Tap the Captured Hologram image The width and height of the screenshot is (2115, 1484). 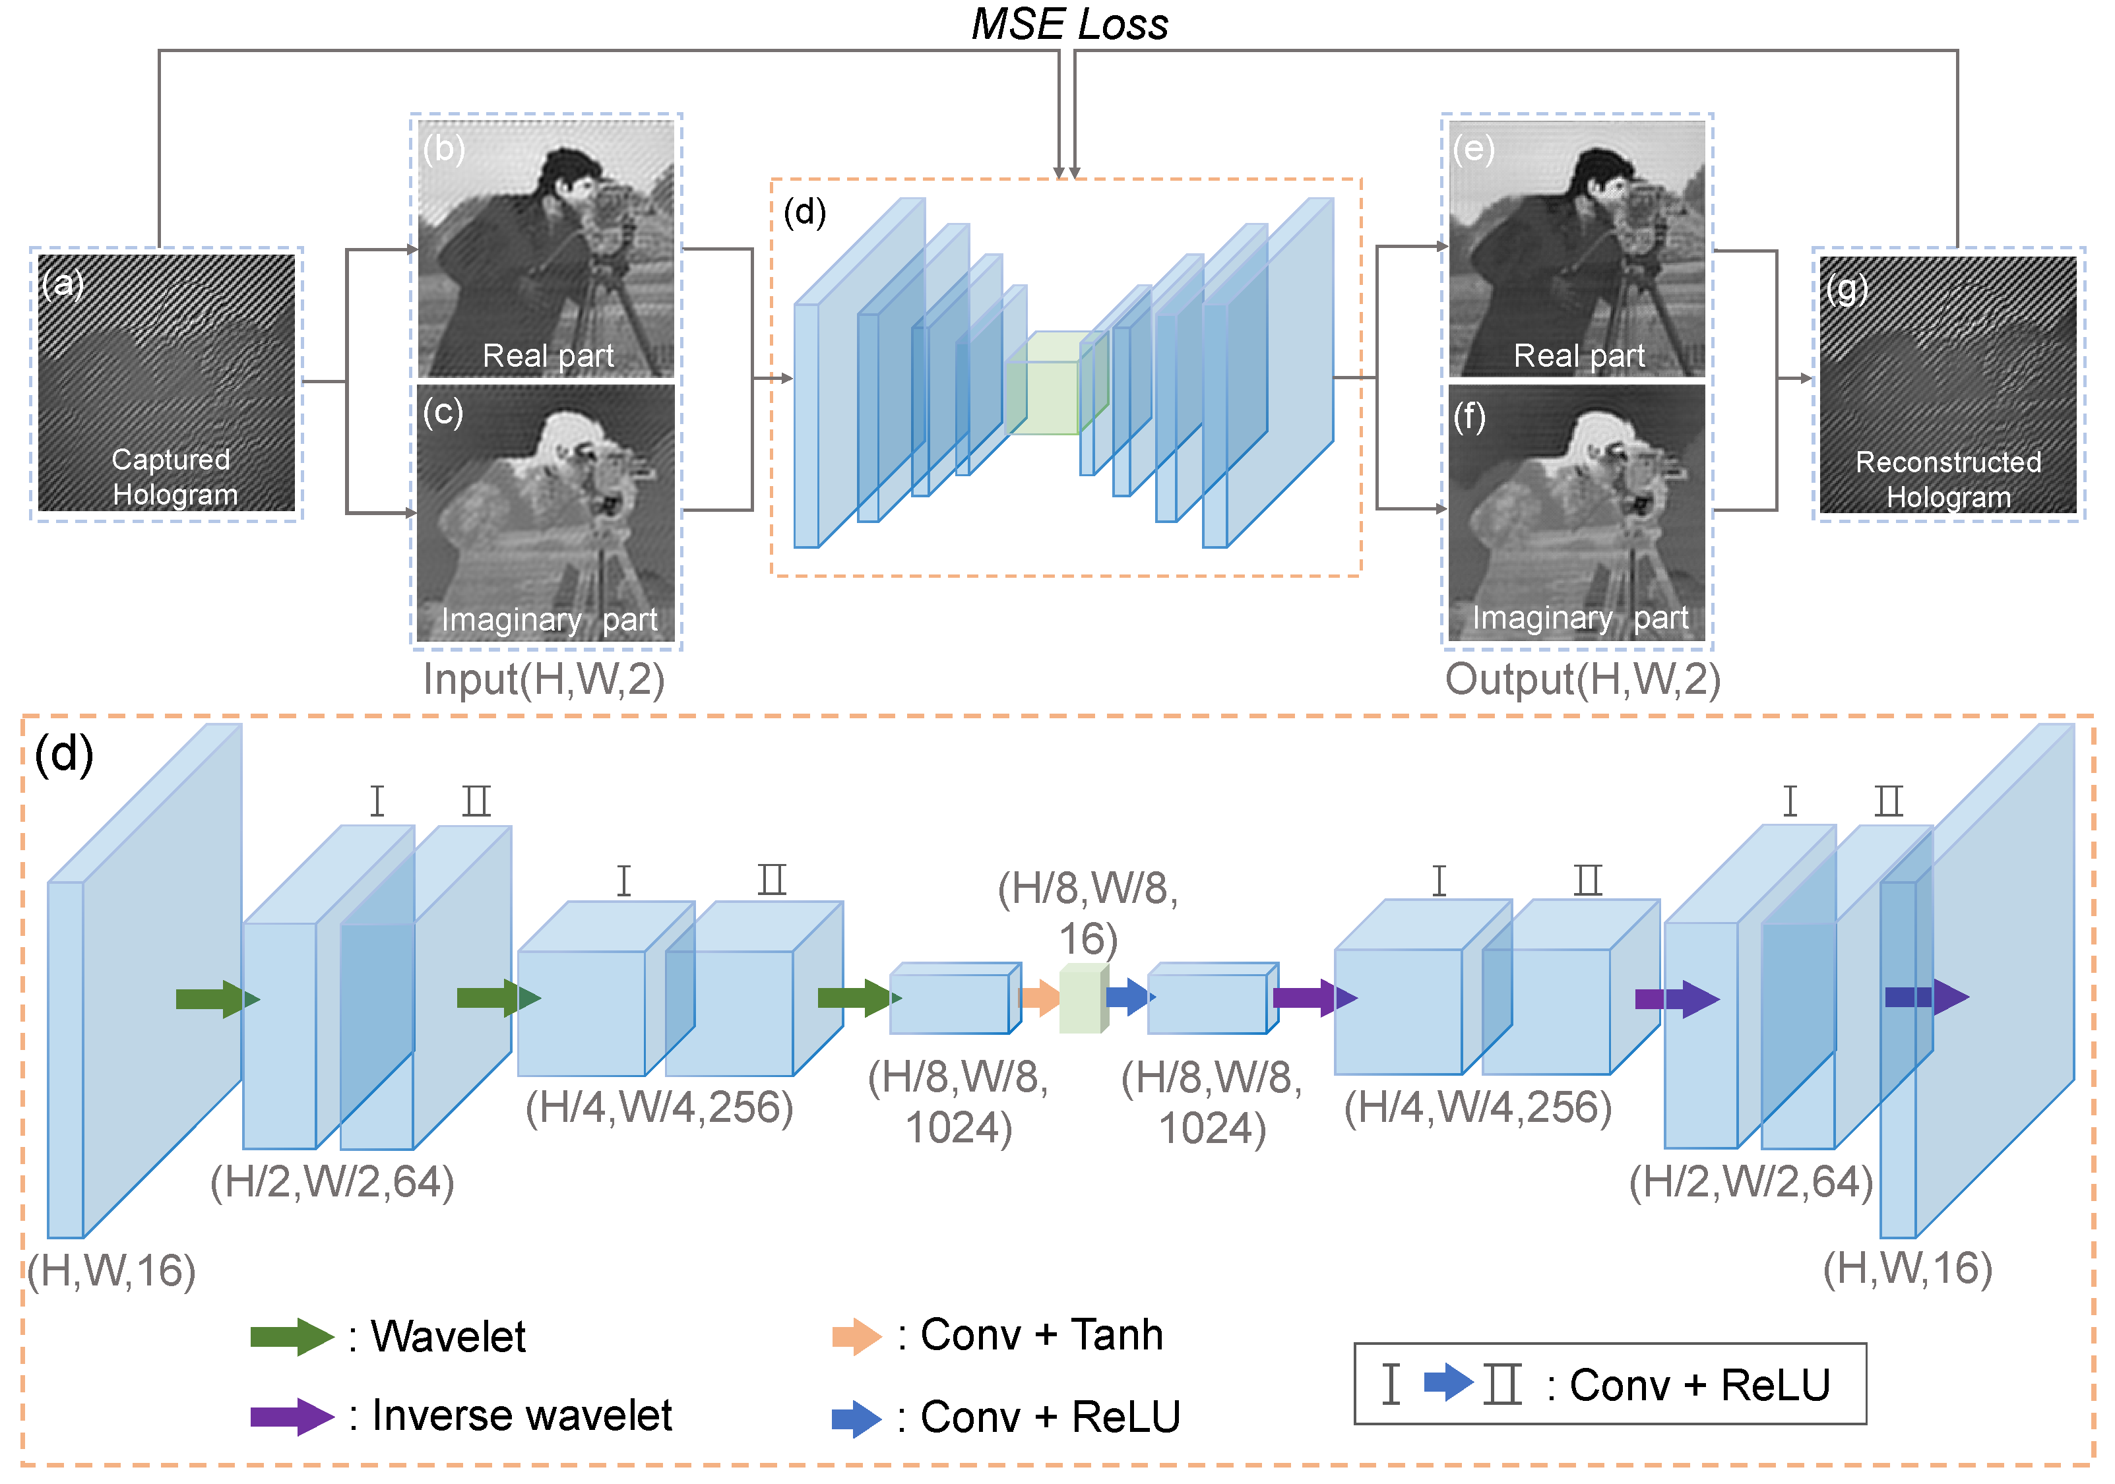[167, 383]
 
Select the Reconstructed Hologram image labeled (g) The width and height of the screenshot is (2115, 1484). [1947, 384]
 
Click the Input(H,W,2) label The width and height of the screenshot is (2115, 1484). [544, 680]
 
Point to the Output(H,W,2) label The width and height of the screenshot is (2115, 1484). [1582, 680]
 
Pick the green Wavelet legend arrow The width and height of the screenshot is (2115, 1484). [291, 1337]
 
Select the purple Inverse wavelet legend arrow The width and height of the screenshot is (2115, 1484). [291, 1417]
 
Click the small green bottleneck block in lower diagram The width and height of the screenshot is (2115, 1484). [1083, 999]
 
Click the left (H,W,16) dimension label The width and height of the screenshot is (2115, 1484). [111, 1271]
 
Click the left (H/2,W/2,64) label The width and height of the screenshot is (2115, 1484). [332, 1182]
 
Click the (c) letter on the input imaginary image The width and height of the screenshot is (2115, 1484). [442, 412]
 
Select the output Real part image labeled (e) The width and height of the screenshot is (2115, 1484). [1576, 249]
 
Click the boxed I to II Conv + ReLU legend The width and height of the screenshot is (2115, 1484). [1609, 1384]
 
